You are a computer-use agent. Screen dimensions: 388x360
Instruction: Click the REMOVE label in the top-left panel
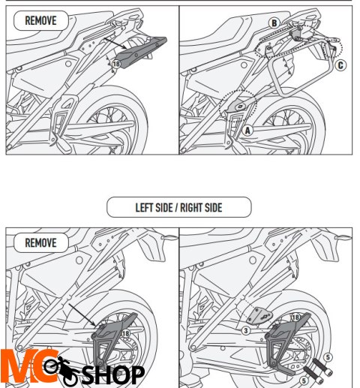point(40,20)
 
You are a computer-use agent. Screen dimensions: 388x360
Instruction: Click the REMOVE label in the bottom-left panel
point(40,242)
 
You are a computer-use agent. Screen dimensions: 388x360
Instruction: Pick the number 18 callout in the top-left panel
point(115,65)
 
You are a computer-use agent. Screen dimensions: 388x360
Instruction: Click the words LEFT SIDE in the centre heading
point(154,207)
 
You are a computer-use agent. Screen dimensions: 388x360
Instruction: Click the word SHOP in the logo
point(112,372)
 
